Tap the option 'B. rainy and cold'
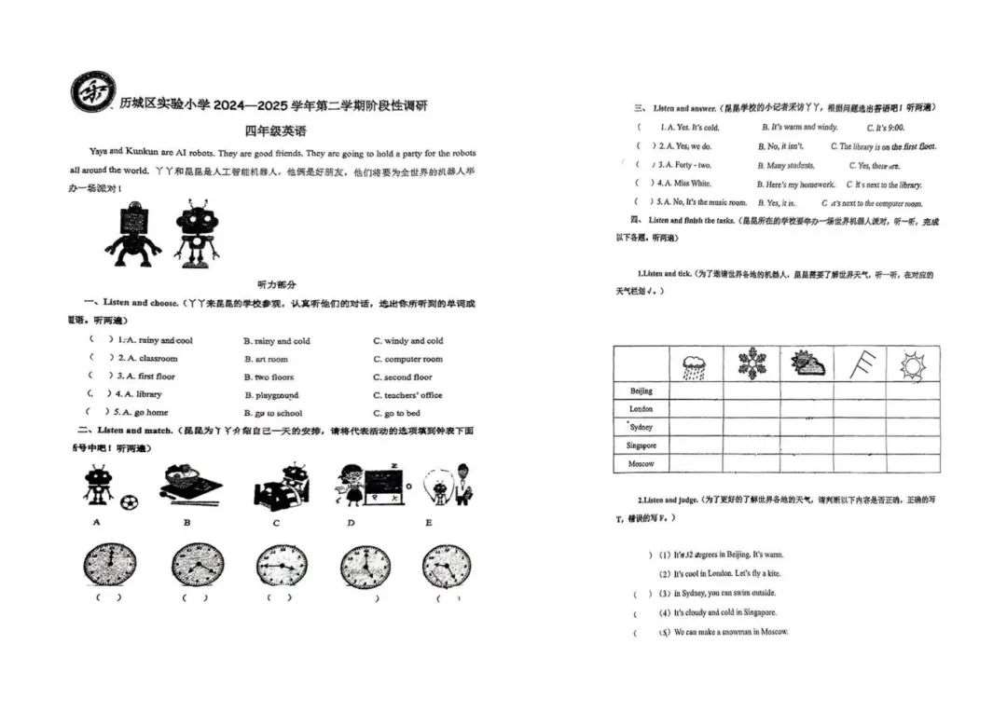coord(277,341)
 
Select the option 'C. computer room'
coord(407,359)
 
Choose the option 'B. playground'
coord(271,395)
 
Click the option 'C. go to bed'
coord(396,413)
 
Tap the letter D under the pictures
coord(351,523)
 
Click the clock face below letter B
coord(198,566)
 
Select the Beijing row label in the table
coord(641,391)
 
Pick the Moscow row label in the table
coord(641,463)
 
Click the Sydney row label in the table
coord(641,427)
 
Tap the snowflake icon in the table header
coord(752,363)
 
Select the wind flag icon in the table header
coord(859,363)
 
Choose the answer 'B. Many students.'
coord(786,165)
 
